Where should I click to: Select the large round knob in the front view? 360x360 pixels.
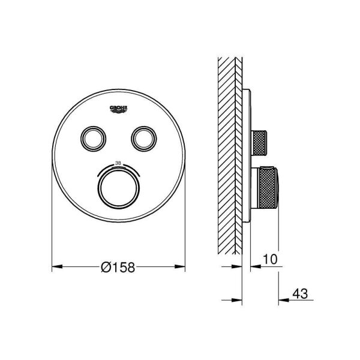pos(118,187)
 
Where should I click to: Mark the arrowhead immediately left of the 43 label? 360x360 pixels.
pos(284,299)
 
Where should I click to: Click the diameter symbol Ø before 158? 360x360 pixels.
pos(104,268)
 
